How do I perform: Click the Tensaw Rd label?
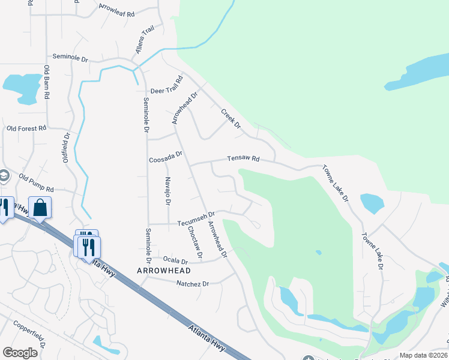click(243, 159)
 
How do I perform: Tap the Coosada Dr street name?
click(165, 160)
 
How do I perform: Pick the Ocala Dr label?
click(176, 260)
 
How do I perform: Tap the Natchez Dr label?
click(193, 283)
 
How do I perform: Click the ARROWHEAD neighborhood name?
click(164, 271)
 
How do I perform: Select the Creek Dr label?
click(231, 118)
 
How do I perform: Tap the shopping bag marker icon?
click(40, 208)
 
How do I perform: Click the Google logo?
click(20, 353)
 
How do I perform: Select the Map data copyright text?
click(423, 355)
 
